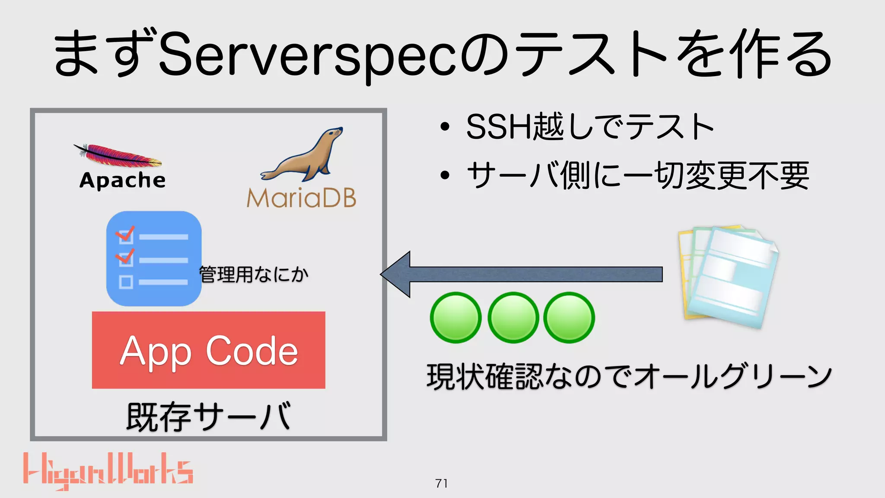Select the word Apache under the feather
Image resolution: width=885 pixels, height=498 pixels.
(122, 180)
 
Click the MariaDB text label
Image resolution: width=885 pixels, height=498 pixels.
(301, 198)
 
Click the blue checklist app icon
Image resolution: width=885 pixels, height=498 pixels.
(154, 259)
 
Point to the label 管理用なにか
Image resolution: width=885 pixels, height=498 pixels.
(254, 275)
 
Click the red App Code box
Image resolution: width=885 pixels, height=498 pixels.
(208, 350)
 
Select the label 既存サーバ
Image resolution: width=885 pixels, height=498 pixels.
(208, 417)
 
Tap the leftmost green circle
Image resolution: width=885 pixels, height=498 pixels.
(455, 318)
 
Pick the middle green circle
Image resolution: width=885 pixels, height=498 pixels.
(513, 318)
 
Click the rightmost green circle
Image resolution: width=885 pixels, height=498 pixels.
(569, 318)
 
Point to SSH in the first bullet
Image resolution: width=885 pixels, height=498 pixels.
(499, 127)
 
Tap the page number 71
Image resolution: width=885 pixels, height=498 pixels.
(442, 483)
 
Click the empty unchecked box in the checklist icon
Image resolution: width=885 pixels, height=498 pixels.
(126, 282)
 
